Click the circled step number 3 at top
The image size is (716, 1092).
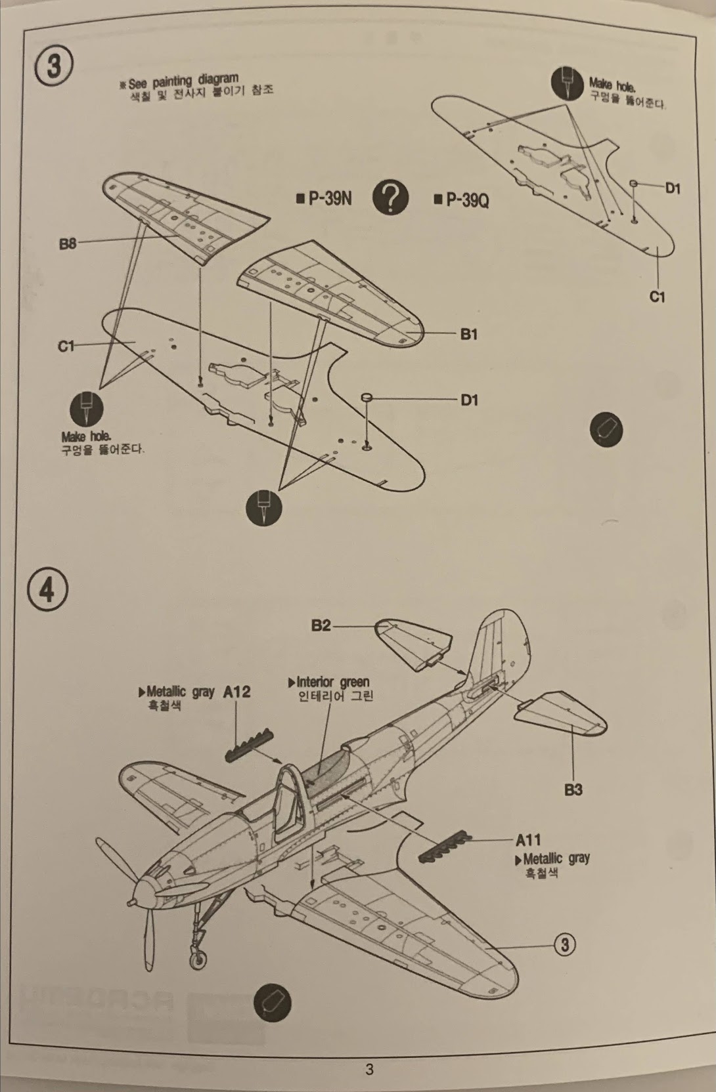54,68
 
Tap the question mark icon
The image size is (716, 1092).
390,197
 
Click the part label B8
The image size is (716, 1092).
68,243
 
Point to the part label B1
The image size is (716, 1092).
468,334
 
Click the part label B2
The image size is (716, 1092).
321,625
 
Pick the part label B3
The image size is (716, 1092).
573,789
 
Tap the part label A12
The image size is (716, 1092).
236,692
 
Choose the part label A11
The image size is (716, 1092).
528,839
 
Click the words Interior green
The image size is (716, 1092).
332,682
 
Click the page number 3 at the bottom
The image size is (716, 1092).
369,1069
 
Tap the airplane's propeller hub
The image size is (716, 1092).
139,891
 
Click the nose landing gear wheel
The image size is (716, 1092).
196,960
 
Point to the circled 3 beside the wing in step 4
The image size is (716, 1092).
564,944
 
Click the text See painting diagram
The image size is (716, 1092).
183,81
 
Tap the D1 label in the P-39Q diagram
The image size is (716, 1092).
673,188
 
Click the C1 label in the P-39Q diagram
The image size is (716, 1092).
657,297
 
